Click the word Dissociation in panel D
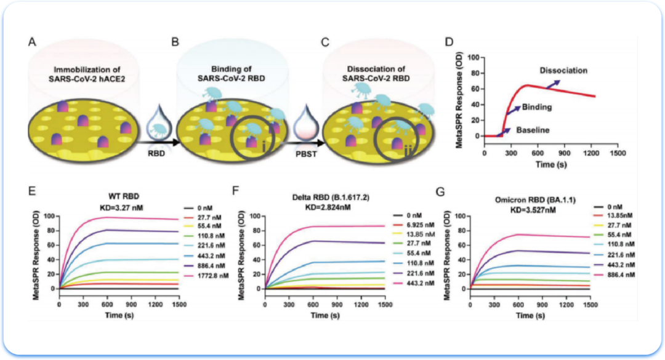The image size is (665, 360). tap(564, 70)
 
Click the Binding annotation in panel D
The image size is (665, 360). tap(536, 107)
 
